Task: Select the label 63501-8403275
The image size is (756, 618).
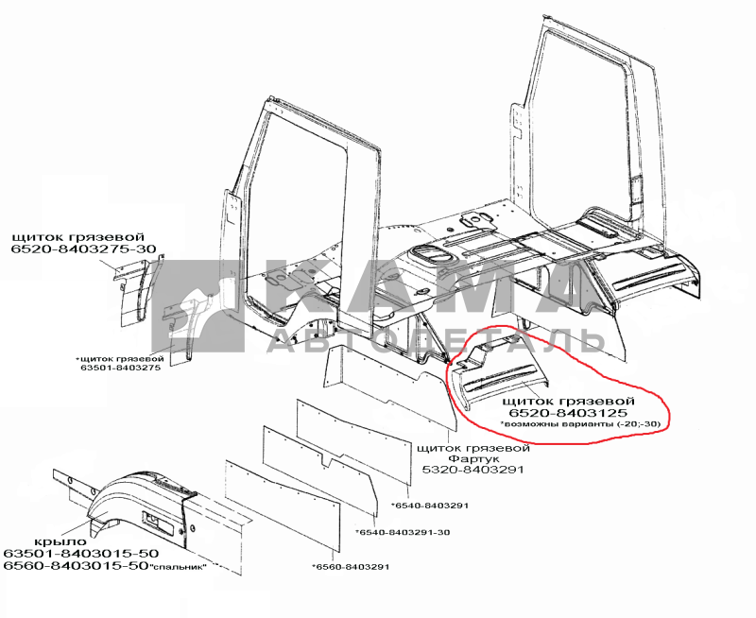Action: (x=121, y=368)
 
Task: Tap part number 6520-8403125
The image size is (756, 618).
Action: (x=569, y=413)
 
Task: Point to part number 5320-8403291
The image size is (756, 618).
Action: (x=472, y=470)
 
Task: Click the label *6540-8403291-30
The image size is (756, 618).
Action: (x=403, y=532)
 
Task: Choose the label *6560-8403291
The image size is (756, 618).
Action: (x=351, y=567)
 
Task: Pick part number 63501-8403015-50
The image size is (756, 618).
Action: (x=81, y=554)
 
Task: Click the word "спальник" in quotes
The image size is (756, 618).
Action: (x=178, y=566)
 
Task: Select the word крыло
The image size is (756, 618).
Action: (x=60, y=542)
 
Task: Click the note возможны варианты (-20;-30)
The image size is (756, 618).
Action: (x=579, y=424)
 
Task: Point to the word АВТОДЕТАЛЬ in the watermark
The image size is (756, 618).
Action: (x=436, y=341)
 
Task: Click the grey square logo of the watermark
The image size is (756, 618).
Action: (x=198, y=305)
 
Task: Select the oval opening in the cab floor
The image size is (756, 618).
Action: (x=433, y=254)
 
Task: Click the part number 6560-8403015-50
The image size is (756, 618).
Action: (x=76, y=565)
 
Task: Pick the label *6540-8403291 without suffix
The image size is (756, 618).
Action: (x=429, y=506)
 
